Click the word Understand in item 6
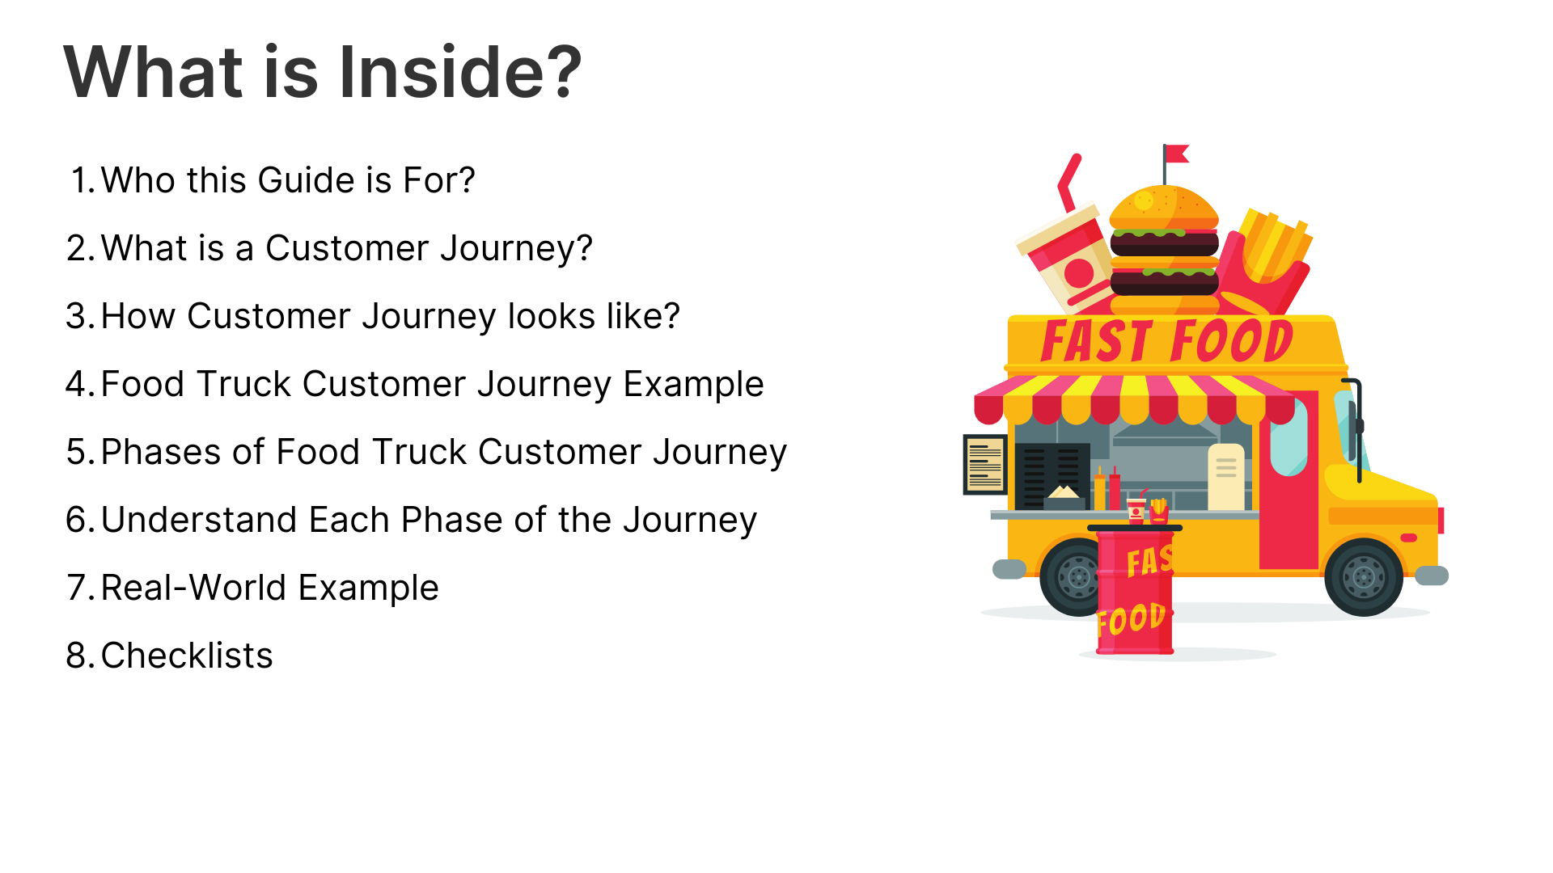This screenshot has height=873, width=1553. (x=245, y=520)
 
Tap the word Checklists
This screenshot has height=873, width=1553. (x=187, y=656)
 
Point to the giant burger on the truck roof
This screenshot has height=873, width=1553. (x=1165, y=251)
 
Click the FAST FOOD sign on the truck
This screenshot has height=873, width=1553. (x=1166, y=340)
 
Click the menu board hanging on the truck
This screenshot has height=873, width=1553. (x=985, y=465)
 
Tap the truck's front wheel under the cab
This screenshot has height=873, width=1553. (x=1364, y=577)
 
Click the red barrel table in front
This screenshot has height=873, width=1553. (x=1134, y=590)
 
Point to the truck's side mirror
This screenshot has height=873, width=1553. (x=1356, y=428)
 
